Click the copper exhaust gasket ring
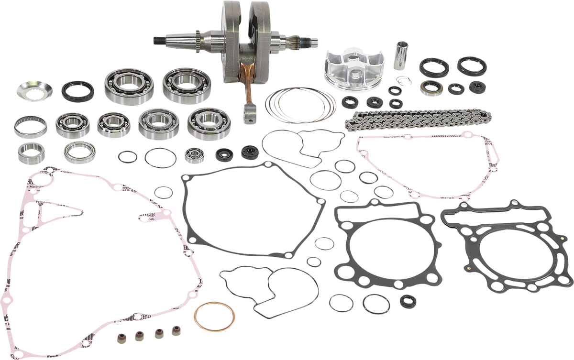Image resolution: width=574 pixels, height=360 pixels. click(x=214, y=303)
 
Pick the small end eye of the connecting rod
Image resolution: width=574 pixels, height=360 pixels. click(x=249, y=116)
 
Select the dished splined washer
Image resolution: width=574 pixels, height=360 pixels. click(x=34, y=91)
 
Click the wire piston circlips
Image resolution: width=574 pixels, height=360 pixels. click(x=404, y=80)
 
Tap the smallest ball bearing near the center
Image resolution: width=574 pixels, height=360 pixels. click(x=195, y=155)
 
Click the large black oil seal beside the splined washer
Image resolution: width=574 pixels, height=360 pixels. click(x=77, y=91)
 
